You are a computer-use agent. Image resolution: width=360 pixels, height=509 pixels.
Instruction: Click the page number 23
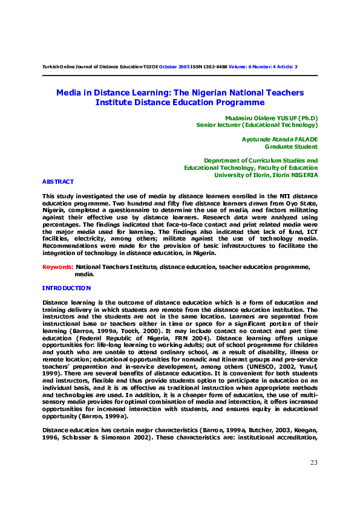coord(313,462)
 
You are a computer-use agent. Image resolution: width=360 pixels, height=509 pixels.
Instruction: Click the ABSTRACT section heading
coord(58,181)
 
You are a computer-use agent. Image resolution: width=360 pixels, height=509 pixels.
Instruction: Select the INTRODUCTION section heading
coord(67,288)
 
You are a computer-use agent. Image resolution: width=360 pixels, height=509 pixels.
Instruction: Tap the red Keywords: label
coord(58,267)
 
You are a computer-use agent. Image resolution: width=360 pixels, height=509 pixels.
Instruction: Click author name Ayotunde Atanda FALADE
coord(280,139)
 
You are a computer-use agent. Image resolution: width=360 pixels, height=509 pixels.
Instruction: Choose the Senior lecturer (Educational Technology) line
coord(257,125)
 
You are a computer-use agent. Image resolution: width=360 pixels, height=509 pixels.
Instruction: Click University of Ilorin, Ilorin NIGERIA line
coord(266,175)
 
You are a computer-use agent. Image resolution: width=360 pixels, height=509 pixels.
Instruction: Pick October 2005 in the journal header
coord(174,66)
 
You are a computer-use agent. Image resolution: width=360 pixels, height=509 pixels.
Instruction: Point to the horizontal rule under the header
coord(180,75)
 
